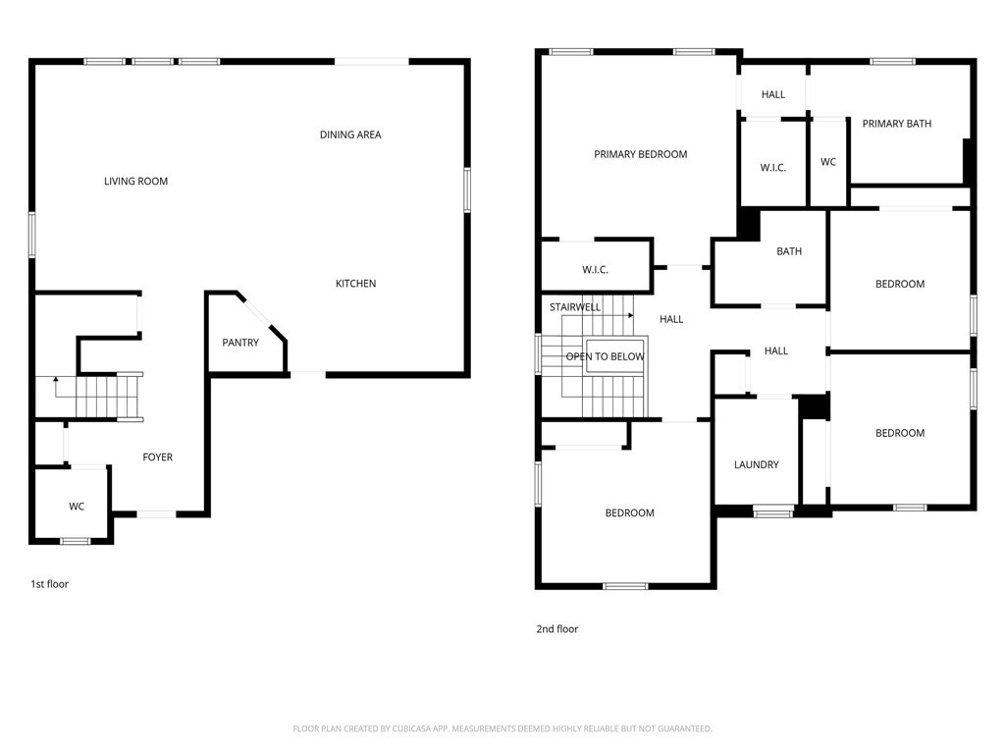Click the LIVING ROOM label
pyautogui.click(x=135, y=182)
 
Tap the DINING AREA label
pyautogui.click(x=350, y=135)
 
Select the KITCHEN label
pyautogui.click(x=355, y=284)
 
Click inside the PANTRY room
pyautogui.click(x=241, y=343)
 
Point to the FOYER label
pyautogui.click(x=158, y=458)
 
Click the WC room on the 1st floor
pyautogui.click(x=77, y=507)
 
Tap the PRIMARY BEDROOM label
pyautogui.click(x=640, y=154)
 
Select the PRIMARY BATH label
pyautogui.click(x=897, y=124)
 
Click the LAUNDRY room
pyautogui.click(x=757, y=464)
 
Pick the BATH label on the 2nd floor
pyautogui.click(x=789, y=251)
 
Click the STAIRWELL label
pyautogui.click(x=575, y=307)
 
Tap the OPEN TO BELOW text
pyautogui.click(x=605, y=356)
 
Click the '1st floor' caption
pyautogui.click(x=49, y=584)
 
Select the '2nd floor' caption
pyautogui.click(x=557, y=629)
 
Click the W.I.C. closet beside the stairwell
pyautogui.click(x=596, y=270)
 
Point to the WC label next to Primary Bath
pyautogui.click(x=828, y=162)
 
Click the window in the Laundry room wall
pyautogui.click(x=773, y=512)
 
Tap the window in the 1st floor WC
pyautogui.click(x=75, y=541)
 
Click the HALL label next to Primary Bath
pyautogui.click(x=773, y=95)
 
